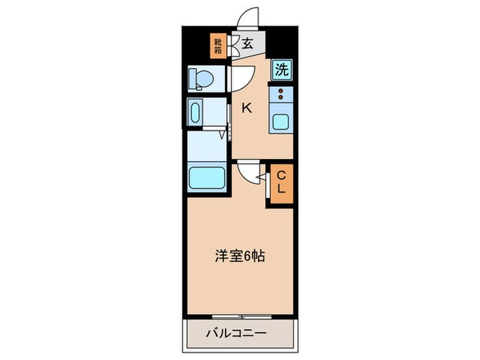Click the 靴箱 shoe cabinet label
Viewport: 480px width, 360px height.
[217, 45]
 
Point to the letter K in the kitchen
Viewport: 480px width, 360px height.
[247, 107]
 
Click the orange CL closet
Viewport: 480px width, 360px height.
[281, 183]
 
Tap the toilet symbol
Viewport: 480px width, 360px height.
[201, 78]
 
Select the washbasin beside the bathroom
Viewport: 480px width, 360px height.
[195, 112]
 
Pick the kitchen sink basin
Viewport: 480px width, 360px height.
[282, 122]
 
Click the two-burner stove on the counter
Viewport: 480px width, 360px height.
[282, 95]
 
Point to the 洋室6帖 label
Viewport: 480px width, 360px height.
[237, 257]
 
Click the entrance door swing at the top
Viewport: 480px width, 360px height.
[248, 17]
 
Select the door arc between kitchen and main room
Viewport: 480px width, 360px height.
[248, 171]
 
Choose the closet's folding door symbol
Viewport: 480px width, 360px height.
[268, 183]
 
